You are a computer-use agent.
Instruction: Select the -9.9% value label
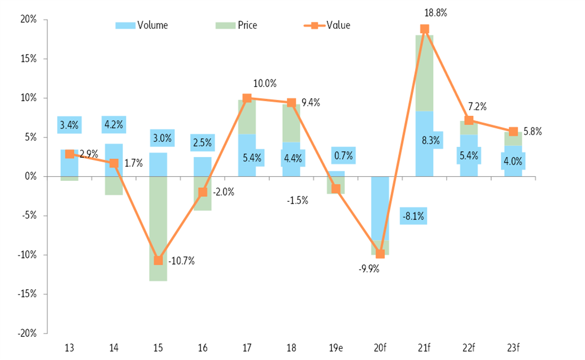click(368, 268)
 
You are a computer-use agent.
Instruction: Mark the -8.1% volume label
click(413, 215)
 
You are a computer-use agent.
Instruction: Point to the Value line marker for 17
click(247, 98)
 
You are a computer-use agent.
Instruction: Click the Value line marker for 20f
click(380, 254)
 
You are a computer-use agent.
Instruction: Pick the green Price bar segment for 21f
click(424, 73)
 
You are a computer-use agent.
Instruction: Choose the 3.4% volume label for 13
click(69, 125)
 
